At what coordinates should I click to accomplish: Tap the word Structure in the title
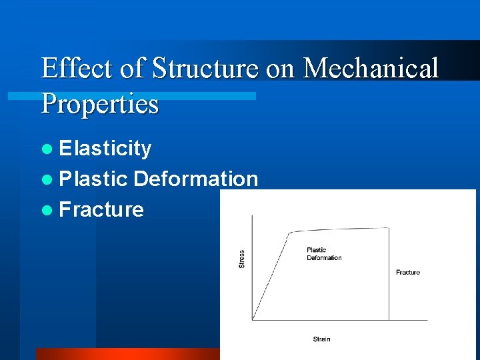click(x=204, y=69)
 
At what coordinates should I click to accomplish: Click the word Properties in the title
click(x=100, y=104)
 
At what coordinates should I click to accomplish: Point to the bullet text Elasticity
click(x=105, y=149)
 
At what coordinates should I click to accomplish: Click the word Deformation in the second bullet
click(x=195, y=179)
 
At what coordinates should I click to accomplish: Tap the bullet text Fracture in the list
click(x=101, y=209)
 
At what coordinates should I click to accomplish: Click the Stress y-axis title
click(x=241, y=259)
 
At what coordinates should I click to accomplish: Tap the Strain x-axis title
click(x=321, y=339)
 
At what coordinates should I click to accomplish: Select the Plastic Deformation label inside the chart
click(x=324, y=254)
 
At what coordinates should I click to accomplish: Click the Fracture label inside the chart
click(x=407, y=272)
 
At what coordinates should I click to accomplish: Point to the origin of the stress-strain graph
click(x=252, y=320)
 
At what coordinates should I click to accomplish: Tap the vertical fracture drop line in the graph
click(x=389, y=280)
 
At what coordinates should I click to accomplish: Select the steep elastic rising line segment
click(x=270, y=277)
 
